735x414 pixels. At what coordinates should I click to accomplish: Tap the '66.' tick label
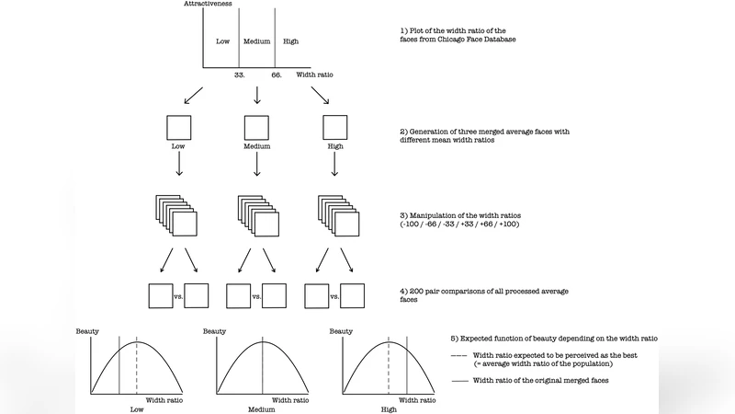277,75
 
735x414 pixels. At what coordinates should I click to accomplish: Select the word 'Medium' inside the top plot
256,41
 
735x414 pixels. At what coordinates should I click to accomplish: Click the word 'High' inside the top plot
290,41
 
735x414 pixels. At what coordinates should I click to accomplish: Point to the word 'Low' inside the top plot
222,41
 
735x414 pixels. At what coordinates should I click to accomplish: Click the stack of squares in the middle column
257,216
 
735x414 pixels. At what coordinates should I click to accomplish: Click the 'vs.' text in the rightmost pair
335,296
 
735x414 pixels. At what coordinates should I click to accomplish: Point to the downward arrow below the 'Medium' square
256,163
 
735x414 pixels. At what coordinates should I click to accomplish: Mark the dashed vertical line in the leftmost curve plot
138,368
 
